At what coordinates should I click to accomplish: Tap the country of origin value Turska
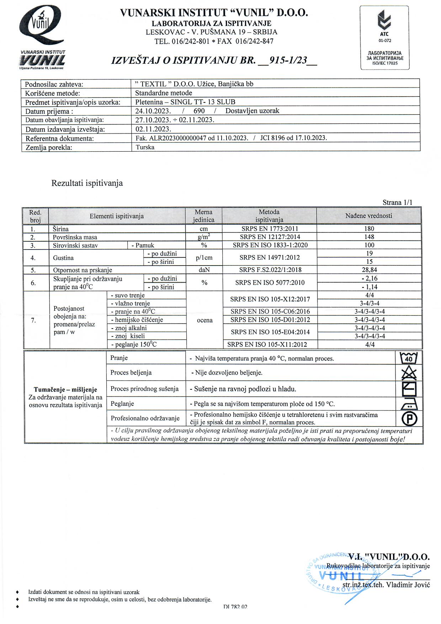point(145,147)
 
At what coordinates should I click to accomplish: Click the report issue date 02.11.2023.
point(153,129)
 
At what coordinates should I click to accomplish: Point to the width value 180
point(369,229)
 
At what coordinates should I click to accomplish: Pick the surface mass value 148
point(369,237)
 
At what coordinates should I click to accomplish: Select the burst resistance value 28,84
point(370,270)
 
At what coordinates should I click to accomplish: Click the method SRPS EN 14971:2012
point(270,257)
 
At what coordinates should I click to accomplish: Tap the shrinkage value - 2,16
point(369,278)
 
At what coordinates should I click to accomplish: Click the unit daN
point(204,270)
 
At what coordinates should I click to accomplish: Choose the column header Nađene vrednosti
point(369,216)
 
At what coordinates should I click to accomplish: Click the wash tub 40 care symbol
point(409,358)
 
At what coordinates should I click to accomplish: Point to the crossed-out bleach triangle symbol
point(409,373)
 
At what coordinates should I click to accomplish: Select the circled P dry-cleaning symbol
point(409,419)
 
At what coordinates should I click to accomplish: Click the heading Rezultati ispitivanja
point(87,183)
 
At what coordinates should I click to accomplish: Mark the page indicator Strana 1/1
point(397,203)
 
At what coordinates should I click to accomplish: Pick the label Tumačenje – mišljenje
point(65,389)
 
